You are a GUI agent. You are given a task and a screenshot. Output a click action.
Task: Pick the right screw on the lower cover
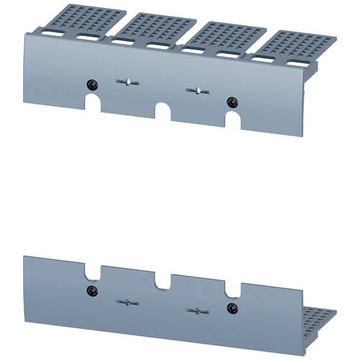tap(231, 308)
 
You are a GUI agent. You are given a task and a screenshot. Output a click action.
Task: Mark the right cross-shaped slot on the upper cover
tap(195, 90)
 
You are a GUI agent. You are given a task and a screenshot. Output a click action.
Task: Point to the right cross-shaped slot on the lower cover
tap(194, 311)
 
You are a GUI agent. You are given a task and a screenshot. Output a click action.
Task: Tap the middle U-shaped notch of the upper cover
tap(163, 112)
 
